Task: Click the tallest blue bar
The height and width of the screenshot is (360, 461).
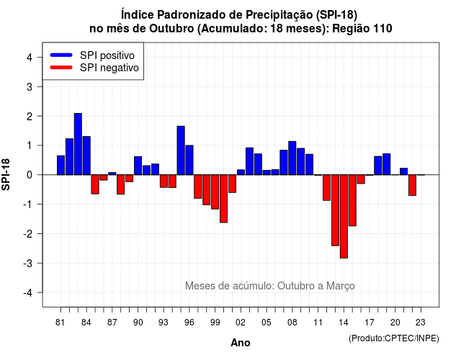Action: click(78, 144)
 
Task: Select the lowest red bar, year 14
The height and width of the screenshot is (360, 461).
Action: click(344, 216)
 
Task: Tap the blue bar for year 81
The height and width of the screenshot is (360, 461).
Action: click(61, 165)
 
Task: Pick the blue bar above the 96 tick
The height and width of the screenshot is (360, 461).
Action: click(189, 160)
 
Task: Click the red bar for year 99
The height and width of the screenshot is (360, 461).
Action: click(215, 192)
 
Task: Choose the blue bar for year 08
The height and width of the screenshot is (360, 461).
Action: click(292, 158)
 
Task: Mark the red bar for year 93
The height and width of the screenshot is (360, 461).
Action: click(164, 181)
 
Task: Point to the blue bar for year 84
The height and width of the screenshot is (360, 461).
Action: click(86, 156)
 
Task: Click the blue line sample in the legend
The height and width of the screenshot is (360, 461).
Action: click(61, 55)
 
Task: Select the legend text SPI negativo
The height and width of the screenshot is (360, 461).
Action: click(109, 68)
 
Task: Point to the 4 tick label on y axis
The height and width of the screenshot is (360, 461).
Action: click(30, 58)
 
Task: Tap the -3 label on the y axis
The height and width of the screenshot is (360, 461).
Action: click(27, 263)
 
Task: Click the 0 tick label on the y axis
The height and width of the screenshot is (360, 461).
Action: click(30, 175)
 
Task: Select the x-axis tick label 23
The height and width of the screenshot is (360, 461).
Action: click(421, 323)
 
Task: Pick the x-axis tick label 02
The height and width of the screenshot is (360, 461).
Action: click(241, 323)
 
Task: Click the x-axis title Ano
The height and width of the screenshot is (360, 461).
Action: click(241, 343)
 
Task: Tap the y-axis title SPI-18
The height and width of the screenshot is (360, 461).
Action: click(6, 174)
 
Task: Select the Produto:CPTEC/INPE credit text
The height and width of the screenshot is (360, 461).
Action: click(394, 338)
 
